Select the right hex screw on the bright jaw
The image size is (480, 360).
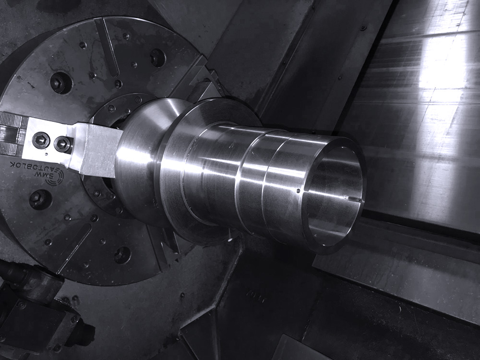[62, 144]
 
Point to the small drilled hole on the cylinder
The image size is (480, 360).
[298, 191]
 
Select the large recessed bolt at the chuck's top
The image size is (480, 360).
[158, 58]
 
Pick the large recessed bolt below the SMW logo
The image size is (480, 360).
[41, 199]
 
